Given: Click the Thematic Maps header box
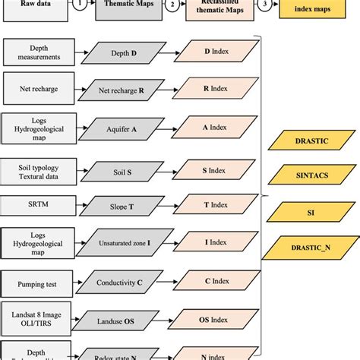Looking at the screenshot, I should point(126,6).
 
